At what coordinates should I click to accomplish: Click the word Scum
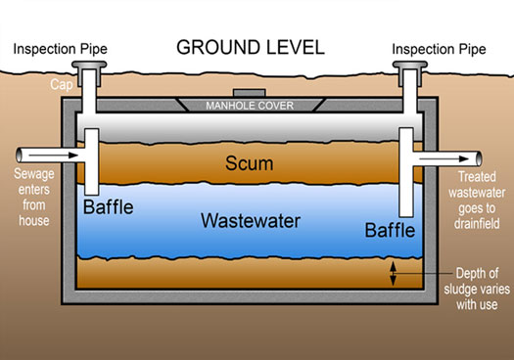[248, 164]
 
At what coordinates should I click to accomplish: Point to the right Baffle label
[390, 231]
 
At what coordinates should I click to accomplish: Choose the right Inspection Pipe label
[440, 49]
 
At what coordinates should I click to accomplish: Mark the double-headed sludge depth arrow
[394, 273]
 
